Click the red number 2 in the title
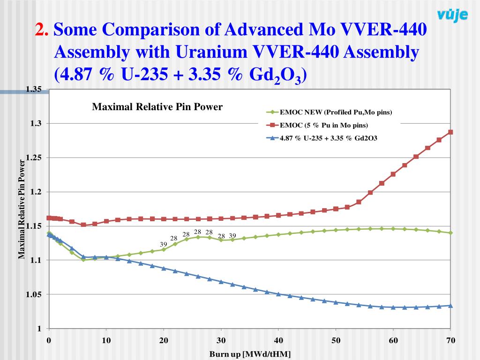tap(42, 30)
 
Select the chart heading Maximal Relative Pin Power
tap(157, 107)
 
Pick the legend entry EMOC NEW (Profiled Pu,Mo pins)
tap(336, 112)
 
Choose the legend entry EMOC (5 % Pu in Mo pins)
tap(323, 125)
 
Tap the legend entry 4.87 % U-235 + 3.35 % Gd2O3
tap(329, 138)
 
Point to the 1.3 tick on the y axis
tap(37, 123)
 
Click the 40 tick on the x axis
tap(278, 340)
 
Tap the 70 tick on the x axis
tap(450, 340)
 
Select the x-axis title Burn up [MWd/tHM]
tap(250, 354)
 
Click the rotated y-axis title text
tap(22, 209)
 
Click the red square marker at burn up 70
tap(450, 132)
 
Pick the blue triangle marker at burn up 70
tap(450, 305)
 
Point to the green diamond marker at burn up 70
tap(450, 232)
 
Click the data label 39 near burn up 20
tap(164, 244)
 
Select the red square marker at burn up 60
tap(393, 174)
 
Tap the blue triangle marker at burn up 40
tap(278, 294)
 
